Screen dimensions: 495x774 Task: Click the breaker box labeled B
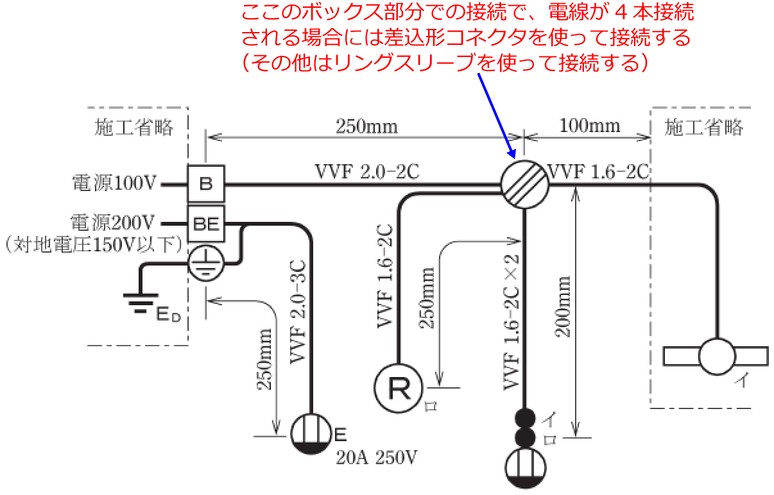click(x=205, y=183)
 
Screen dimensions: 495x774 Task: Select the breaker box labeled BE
click(x=205, y=224)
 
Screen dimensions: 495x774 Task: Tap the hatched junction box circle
click(x=525, y=184)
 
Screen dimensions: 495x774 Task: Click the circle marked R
click(x=399, y=388)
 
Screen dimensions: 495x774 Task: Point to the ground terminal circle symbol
click(x=206, y=262)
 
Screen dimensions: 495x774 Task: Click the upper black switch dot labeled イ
click(x=526, y=417)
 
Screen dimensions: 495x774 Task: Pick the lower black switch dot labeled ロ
click(x=526, y=437)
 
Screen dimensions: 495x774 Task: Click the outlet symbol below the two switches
click(x=526, y=469)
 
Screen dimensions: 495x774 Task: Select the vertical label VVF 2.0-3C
click(x=298, y=312)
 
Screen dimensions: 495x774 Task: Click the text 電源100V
click(x=114, y=184)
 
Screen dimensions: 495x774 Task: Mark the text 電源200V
click(x=114, y=223)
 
